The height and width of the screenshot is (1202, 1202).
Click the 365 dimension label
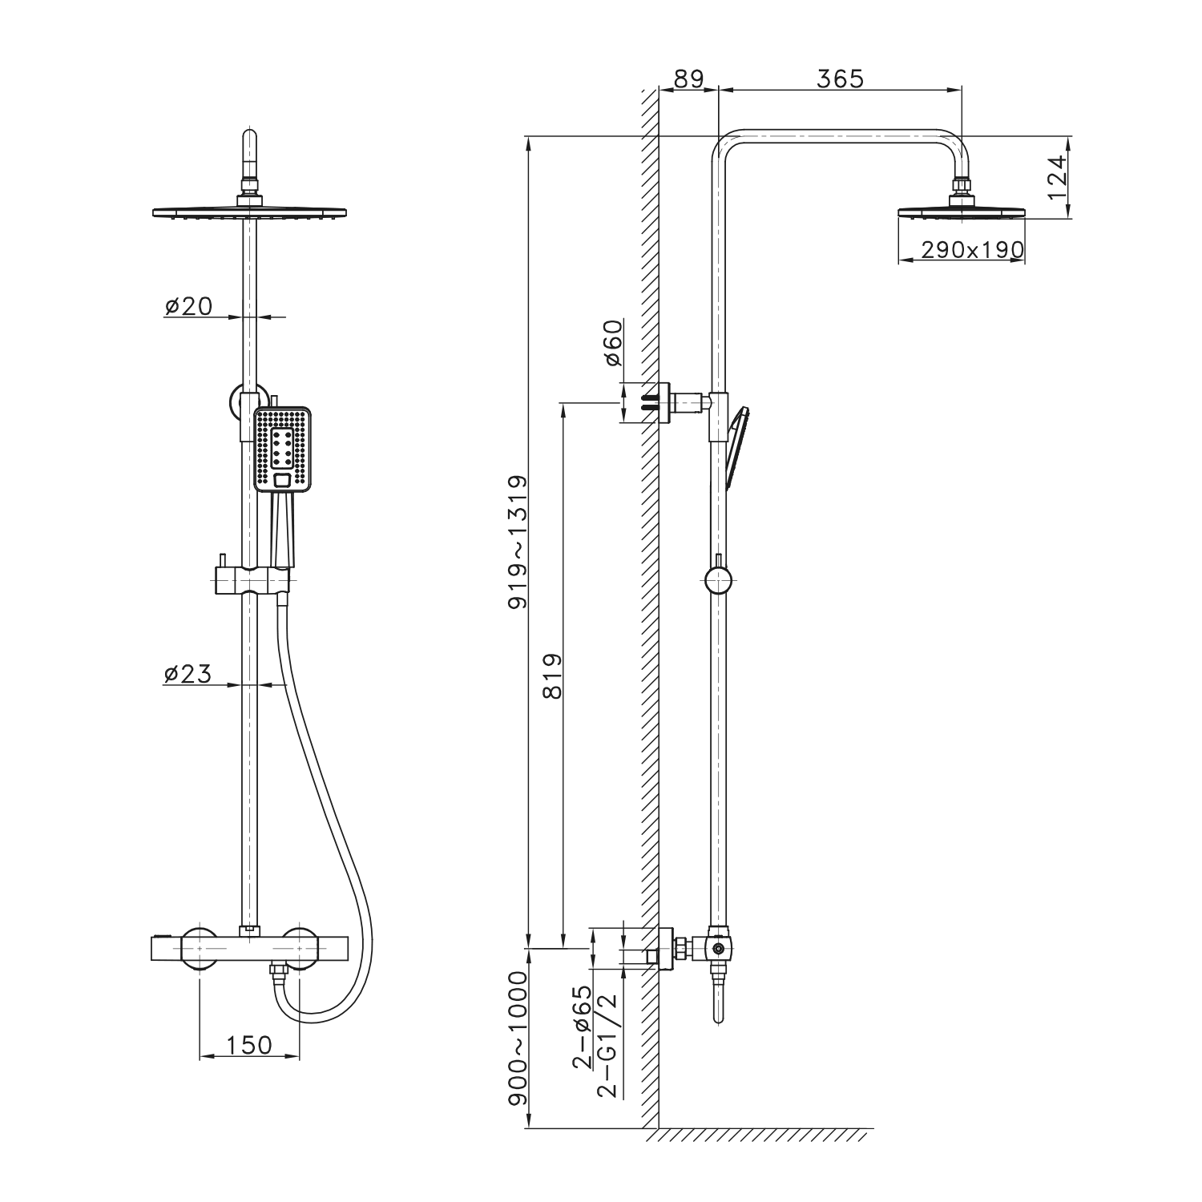tap(841, 79)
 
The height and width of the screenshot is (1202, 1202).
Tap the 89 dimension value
tap(688, 79)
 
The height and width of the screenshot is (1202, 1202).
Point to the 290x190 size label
tap(972, 250)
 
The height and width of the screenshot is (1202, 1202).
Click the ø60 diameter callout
tap(613, 342)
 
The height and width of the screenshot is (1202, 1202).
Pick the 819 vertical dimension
tap(553, 677)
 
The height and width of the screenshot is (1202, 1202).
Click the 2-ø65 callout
tap(582, 1031)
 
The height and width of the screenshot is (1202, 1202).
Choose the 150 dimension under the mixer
tap(248, 1045)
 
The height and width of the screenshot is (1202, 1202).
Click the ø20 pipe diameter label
tap(188, 306)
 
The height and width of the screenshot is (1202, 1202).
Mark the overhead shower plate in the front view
tap(250, 211)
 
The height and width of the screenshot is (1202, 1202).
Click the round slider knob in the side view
tap(718, 579)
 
